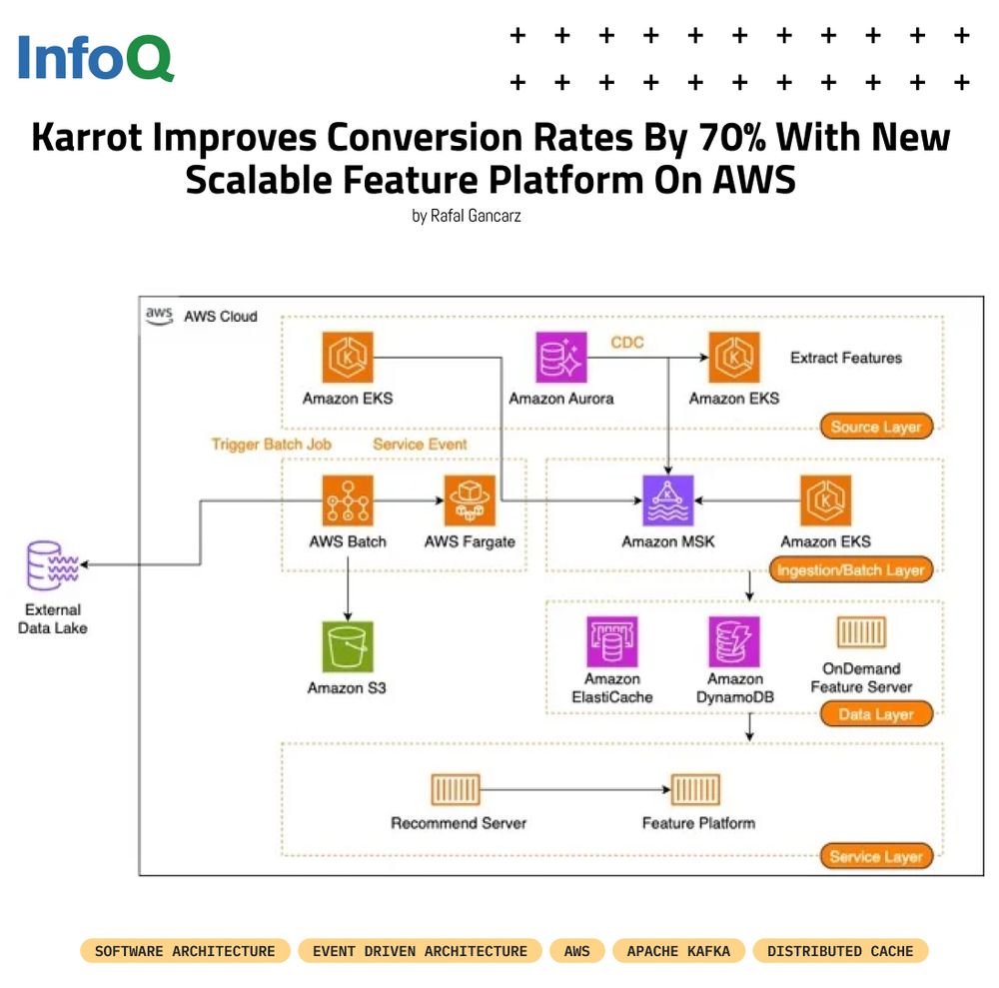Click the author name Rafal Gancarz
(x=466, y=215)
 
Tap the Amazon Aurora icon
(x=561, y=358)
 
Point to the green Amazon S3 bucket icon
(x=347, y=646)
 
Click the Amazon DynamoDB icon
(x=734, y=641)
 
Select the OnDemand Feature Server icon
(x=861, y=632)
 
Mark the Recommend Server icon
(x=457, y=790)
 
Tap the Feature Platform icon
(x=697, y=790)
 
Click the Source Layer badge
(x=875, y=427)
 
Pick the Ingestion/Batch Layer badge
(x=849, y=570)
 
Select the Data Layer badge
(x=875, y=714)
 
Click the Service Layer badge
(x=875, y=856)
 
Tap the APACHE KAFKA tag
(x=678, y=951)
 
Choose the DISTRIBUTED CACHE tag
(x=840, y=951)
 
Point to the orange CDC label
(x=627, y=343)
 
